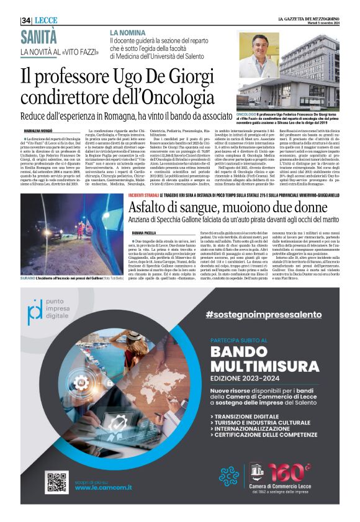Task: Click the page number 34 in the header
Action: coord(26,20)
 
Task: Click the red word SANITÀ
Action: coord(38,35)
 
